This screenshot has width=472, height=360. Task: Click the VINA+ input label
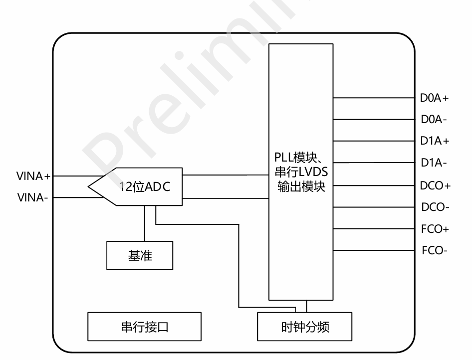[33, 176]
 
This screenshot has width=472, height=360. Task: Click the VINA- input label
[32, 197]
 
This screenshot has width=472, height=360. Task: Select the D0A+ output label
[435, 98]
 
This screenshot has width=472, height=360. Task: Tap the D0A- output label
[434, 119]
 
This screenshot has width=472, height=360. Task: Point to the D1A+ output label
[435, 141]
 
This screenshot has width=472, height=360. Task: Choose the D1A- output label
[434, 163]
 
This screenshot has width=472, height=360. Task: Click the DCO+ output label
[435, 185]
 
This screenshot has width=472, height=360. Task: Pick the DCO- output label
[435, 207]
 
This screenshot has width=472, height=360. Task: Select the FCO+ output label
[435, 229]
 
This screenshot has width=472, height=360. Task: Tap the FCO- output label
[435, 250]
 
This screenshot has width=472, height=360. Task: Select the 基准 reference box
[140, 255]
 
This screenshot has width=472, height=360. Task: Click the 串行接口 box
[145, 327]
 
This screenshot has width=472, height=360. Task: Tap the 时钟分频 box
[305, 327]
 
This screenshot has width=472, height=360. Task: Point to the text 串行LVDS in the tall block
[301, 172]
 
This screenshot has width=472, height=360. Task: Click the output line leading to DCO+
[374, 185]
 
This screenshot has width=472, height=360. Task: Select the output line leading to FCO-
[374, 250]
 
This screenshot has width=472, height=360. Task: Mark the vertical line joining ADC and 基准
[145, 223]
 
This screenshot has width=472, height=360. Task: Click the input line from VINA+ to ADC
[79, 176]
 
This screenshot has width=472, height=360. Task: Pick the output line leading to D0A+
[374, 98]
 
